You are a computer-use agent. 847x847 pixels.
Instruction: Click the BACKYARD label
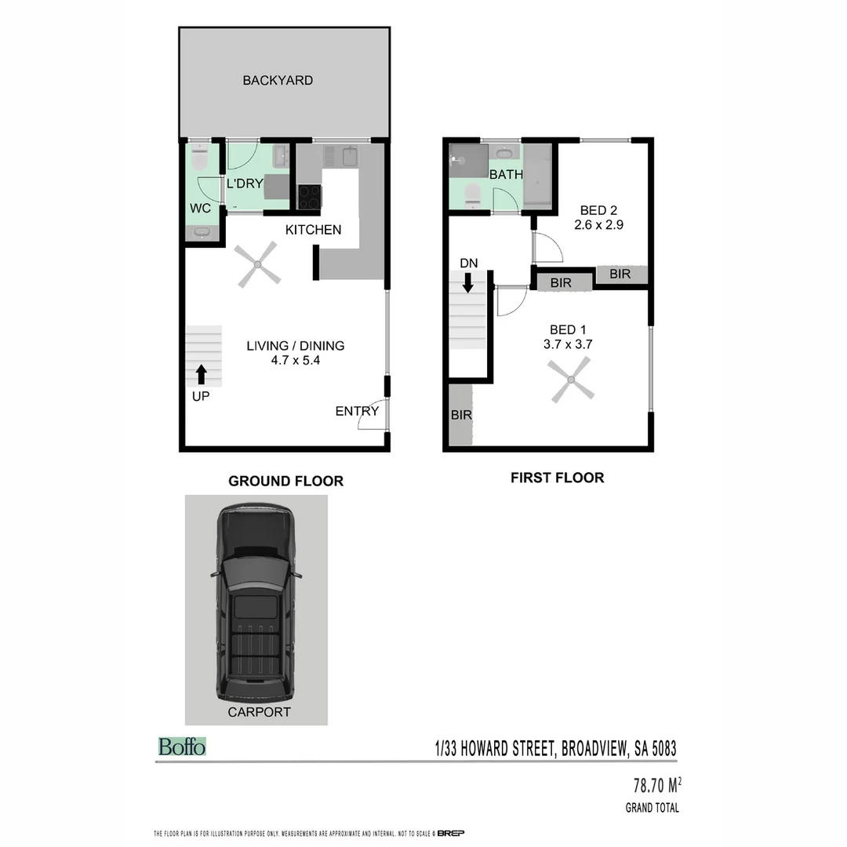(x=278, y=80)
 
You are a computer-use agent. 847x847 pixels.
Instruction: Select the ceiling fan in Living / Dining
(x=257, y=264)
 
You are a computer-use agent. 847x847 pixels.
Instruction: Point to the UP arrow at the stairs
(x=202, y=374)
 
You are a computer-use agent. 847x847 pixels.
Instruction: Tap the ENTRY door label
(x=357, y=411)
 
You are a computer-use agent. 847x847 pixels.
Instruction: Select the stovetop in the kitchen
(x=309, y=196)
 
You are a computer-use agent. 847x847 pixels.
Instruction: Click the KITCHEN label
(x=313, y=230)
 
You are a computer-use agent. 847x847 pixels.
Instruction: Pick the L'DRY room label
(x=245, y=184)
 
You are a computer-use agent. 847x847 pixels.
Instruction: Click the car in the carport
(x=256, y=604)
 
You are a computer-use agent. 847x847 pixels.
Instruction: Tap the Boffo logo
(x=182, y=747)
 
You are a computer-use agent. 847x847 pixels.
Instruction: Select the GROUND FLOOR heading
(x=285, y=481)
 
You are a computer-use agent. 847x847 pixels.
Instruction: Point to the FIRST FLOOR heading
(x=557, y=478)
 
